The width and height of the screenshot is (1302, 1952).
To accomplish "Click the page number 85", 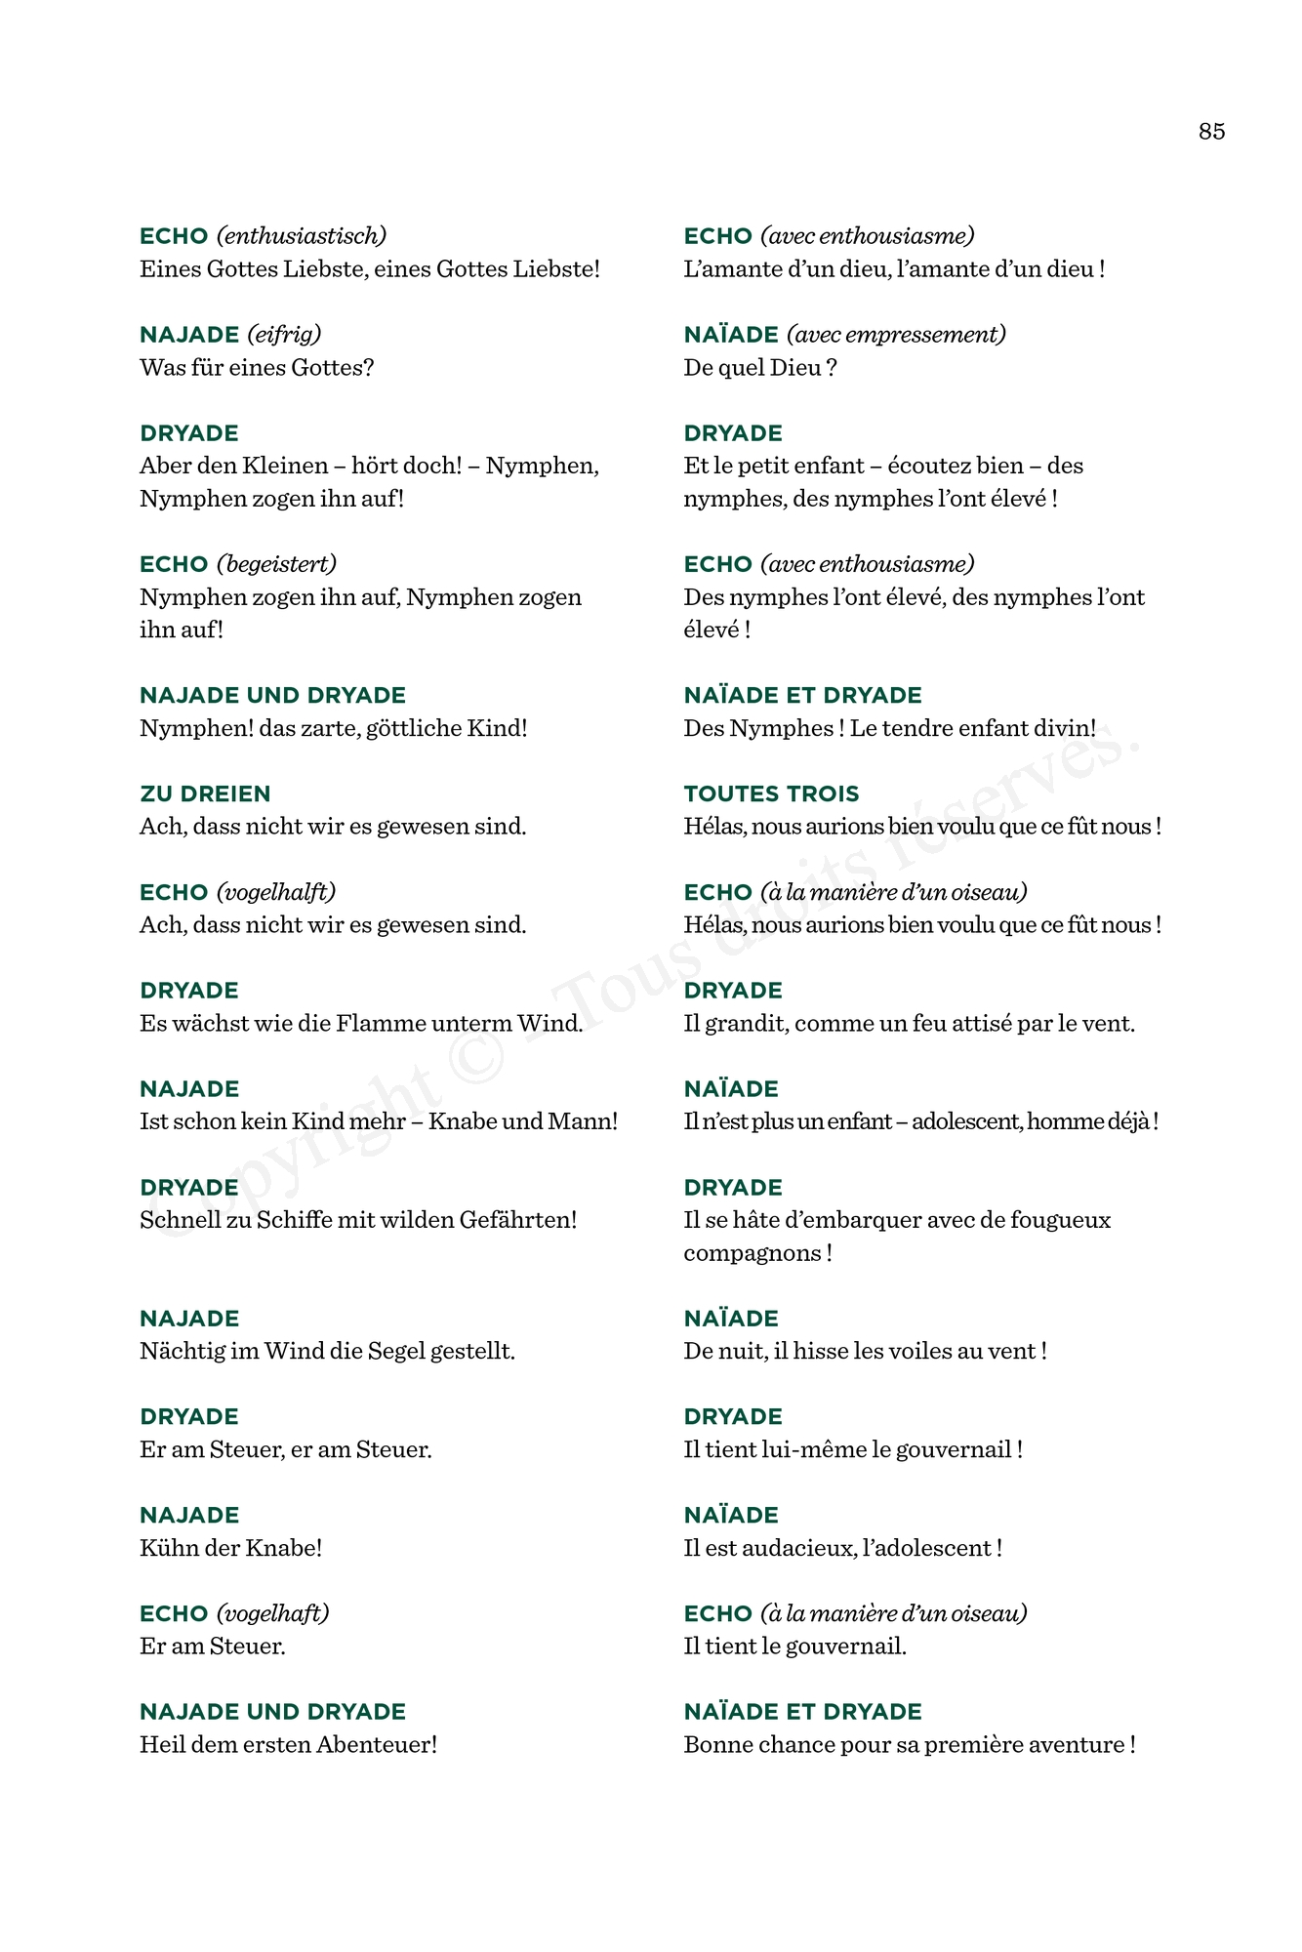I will coord(1211,132).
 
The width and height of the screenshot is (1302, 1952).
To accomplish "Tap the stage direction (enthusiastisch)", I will coord(302,236).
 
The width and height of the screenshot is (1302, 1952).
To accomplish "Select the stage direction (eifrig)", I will coord(284,335).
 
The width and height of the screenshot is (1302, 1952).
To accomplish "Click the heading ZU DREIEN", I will coord(205,794).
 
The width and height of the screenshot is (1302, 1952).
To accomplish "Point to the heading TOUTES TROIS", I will coord(771,794).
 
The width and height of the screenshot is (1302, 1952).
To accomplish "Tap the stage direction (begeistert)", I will coord(276,564).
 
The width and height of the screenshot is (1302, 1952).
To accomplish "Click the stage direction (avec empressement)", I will coord(896,335).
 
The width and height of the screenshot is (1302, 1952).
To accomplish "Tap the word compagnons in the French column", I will coord(752,1253).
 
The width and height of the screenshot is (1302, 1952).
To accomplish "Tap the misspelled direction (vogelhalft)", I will coord(276,892).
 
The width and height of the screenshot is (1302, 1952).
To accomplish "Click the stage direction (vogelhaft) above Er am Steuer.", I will coord(272,1614).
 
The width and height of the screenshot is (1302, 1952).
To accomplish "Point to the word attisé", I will coord(976,1024).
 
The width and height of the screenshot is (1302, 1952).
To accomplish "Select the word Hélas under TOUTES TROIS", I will coord(713,827).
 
